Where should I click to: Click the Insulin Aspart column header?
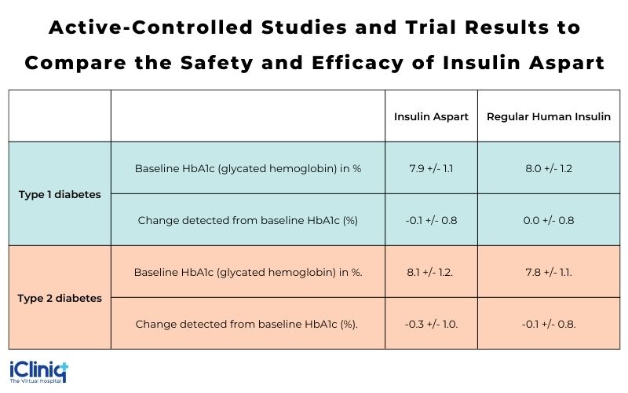pos(431,116)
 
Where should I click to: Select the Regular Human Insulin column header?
pos(549,116)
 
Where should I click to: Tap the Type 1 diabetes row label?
pos(60,194)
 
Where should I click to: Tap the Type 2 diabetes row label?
pos(60,298)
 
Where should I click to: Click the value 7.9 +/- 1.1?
pos(431,168)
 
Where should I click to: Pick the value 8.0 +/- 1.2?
pos(549,168)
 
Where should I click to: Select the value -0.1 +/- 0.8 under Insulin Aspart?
pos(431,220)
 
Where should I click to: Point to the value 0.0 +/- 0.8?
pos(549,220)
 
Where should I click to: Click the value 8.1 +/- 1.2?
pos(432,272)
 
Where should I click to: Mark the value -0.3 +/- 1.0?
pos(432,324)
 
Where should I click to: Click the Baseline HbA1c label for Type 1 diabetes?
pos(247,168)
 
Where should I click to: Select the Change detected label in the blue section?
pos(247,220)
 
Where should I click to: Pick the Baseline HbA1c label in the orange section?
pos(247,272)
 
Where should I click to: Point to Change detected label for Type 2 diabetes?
pos(247,324)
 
